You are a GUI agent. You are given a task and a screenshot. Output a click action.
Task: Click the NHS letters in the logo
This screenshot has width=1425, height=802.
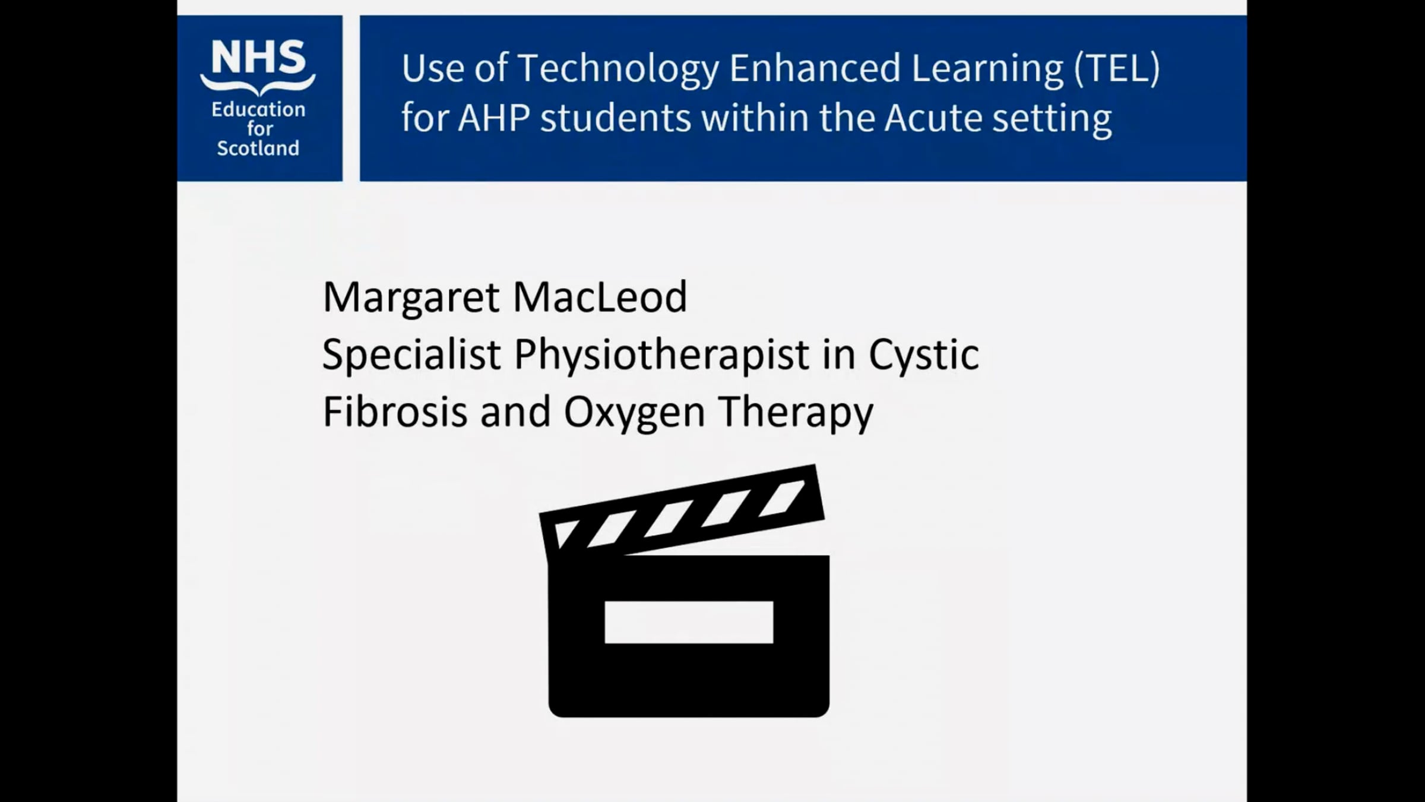coord(258,58)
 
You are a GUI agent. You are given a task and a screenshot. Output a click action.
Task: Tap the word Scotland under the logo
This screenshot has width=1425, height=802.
coord(258,148)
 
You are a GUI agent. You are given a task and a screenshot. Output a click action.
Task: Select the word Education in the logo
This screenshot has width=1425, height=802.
coord(258,109)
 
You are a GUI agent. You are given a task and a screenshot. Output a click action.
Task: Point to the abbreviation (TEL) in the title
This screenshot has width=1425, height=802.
coord(1116,68)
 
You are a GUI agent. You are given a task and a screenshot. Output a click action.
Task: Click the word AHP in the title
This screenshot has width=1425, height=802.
coord(493,118)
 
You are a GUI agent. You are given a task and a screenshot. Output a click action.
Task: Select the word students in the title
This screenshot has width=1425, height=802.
coord(615,118)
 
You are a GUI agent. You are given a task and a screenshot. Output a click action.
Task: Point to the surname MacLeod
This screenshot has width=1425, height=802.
coord(600,297)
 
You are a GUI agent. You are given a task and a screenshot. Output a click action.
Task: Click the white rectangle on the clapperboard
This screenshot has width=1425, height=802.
coord(689,622)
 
